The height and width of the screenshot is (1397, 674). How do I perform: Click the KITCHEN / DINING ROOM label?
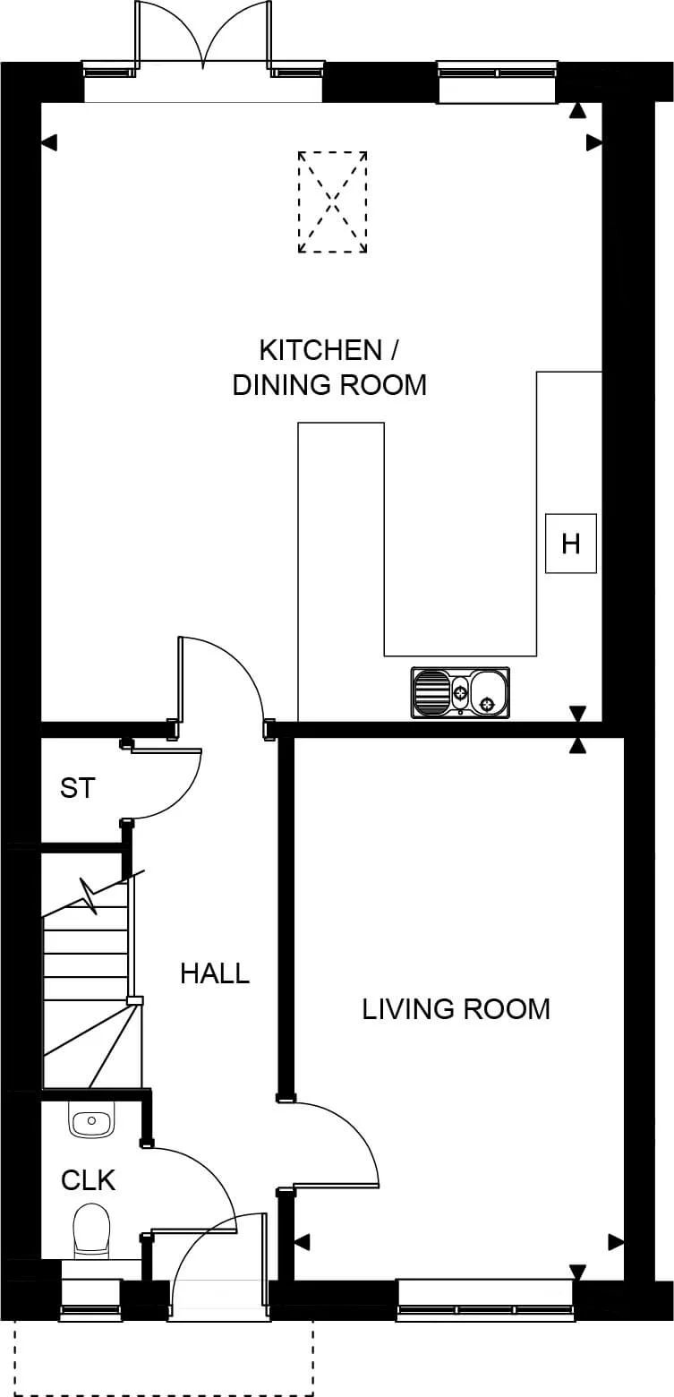coord(328,366)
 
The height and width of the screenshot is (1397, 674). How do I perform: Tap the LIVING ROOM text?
coord(456,1008)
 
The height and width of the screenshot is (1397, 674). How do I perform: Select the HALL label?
coord(215,973)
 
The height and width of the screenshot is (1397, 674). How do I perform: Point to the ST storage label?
coord(77,788)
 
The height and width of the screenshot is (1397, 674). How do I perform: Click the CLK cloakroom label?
coord(88,1180)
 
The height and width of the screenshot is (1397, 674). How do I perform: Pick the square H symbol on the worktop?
coord(571,544)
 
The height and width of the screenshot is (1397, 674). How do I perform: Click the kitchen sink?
coord(460,692)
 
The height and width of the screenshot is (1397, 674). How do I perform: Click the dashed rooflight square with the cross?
coord(332,201)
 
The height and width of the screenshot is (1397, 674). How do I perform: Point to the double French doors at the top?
coord(204,40)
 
